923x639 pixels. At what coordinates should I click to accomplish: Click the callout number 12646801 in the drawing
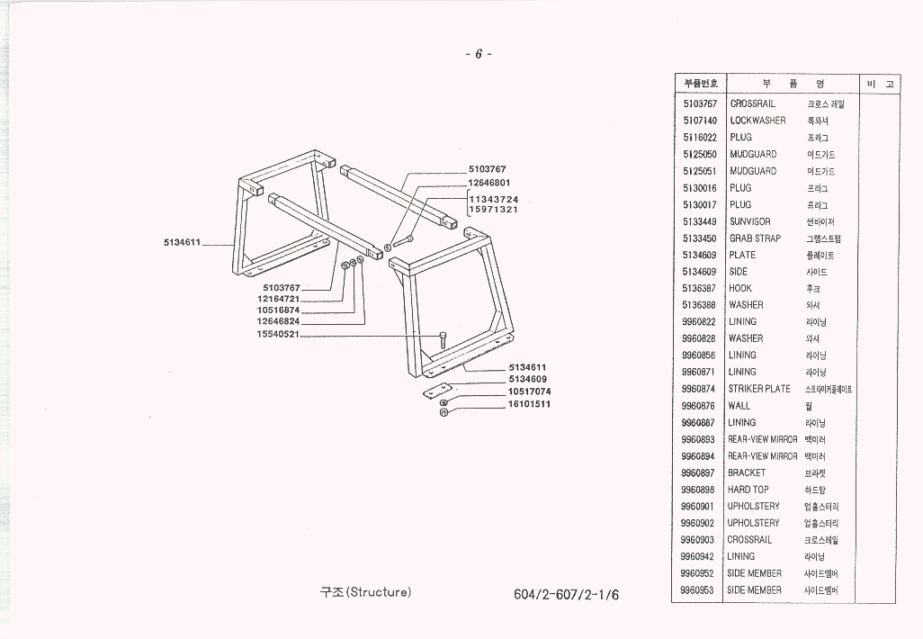point(493,183)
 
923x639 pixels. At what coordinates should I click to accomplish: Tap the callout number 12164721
point(278,298)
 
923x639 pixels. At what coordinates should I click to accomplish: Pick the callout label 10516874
point(278,310)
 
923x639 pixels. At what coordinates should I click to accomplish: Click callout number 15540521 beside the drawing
point(278,333)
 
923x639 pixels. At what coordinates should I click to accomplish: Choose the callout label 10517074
point(529,391)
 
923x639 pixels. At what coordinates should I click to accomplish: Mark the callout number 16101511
point(529,404)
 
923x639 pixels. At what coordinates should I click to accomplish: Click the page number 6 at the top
point(479,54)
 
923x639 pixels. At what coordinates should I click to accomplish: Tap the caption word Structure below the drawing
point(378,592)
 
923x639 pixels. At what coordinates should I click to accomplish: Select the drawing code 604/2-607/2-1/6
point(567,595)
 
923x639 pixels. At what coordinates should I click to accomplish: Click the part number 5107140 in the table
point(699,121)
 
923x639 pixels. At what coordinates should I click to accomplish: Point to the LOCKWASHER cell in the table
point(757,121)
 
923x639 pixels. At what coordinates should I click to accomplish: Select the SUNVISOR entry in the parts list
point(749,221)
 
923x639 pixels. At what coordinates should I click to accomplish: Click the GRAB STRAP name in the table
point(755,238)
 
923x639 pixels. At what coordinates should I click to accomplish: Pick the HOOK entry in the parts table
point(740,289)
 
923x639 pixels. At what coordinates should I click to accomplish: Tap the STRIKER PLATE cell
point(759,389)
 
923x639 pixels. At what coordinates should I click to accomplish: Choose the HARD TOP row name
point(748,490)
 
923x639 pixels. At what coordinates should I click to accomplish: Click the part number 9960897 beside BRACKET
point(698,472)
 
